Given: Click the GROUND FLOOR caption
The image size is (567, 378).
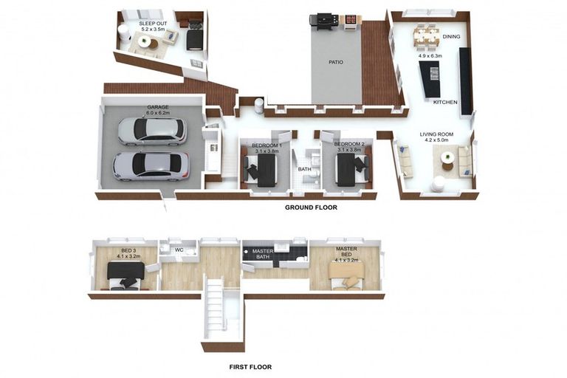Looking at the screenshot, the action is click(311, 207).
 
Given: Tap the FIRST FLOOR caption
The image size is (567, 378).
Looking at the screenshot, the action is click(250, 367).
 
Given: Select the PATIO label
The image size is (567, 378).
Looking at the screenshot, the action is click(336, 62).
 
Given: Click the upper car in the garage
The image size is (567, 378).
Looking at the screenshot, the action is click(152, 131).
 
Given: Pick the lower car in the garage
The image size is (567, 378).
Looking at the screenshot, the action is click(151, 166).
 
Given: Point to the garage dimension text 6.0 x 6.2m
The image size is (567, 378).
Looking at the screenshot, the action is click(158, 113).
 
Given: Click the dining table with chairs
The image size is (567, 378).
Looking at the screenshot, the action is click(427, 36).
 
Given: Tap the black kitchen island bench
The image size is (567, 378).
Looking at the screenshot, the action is click(430, 79).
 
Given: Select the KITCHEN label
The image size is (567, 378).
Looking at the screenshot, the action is click(445, 103).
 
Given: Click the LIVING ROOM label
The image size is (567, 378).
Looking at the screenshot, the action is click(436, 134).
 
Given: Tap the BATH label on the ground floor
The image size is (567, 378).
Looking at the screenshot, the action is click(304, 169).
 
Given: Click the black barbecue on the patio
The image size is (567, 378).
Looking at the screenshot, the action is click(324, 23).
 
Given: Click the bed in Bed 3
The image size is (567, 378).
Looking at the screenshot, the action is click(126, 275).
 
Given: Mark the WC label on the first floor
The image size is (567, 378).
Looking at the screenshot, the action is click(179, 250).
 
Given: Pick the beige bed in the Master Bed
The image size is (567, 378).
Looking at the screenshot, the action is click(346, 275).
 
